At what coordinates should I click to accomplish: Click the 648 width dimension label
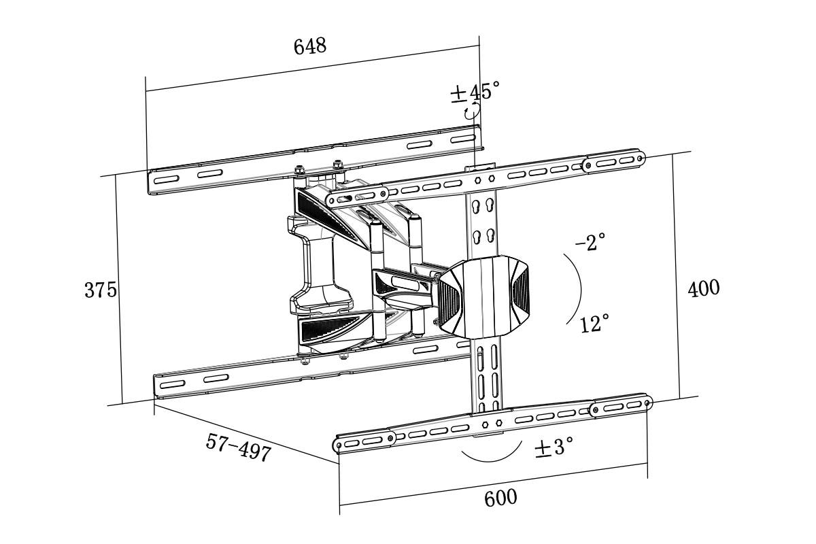tap(310, 46)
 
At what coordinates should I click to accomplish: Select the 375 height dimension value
tap(101, 290)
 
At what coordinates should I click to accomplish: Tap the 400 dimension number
tap(703, 288)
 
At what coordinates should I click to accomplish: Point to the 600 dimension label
tap(500, 498)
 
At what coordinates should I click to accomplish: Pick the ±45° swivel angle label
tap(475, 92)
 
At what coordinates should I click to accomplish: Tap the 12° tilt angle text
tap(594, 324)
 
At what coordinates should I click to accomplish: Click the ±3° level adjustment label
tap(554, 447)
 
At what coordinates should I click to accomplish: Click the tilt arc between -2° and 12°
tap(579, 289)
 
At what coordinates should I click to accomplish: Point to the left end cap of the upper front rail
tap(356, 197)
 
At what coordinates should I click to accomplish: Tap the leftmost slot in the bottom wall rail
tap(172, 384)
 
